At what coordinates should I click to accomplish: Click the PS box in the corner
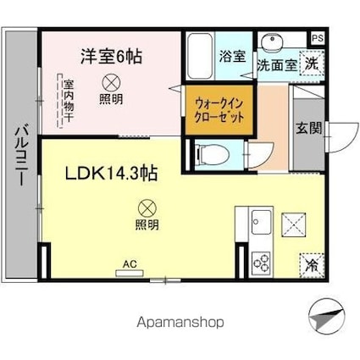pyautogui.click(x=318, y=38)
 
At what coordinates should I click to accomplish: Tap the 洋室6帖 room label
pyautogui.click(x=111, y=57)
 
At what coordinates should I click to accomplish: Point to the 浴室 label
pyautogui.click(x=232, y=57)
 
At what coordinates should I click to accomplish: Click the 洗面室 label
pyautogui.click(x=277, y=65)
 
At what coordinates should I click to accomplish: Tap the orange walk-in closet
pyautogui.click(x=219, y=110)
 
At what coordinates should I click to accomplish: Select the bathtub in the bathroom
pyautogui.click(x=200, y=56)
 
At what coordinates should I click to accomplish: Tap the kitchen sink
pyautogui.click(x=262, y=222)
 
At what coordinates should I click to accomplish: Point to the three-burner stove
pyautogui.click(x=262, y=263)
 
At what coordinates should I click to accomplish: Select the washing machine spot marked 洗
pyautogui.click(x=312, y=64)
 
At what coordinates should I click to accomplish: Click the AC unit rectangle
pyautogui.click(x=130, y=274)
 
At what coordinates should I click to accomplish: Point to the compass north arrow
pyautogui.click(x=327, y=316)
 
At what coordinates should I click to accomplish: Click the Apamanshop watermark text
pyautogui.click(x=180, y=323)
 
